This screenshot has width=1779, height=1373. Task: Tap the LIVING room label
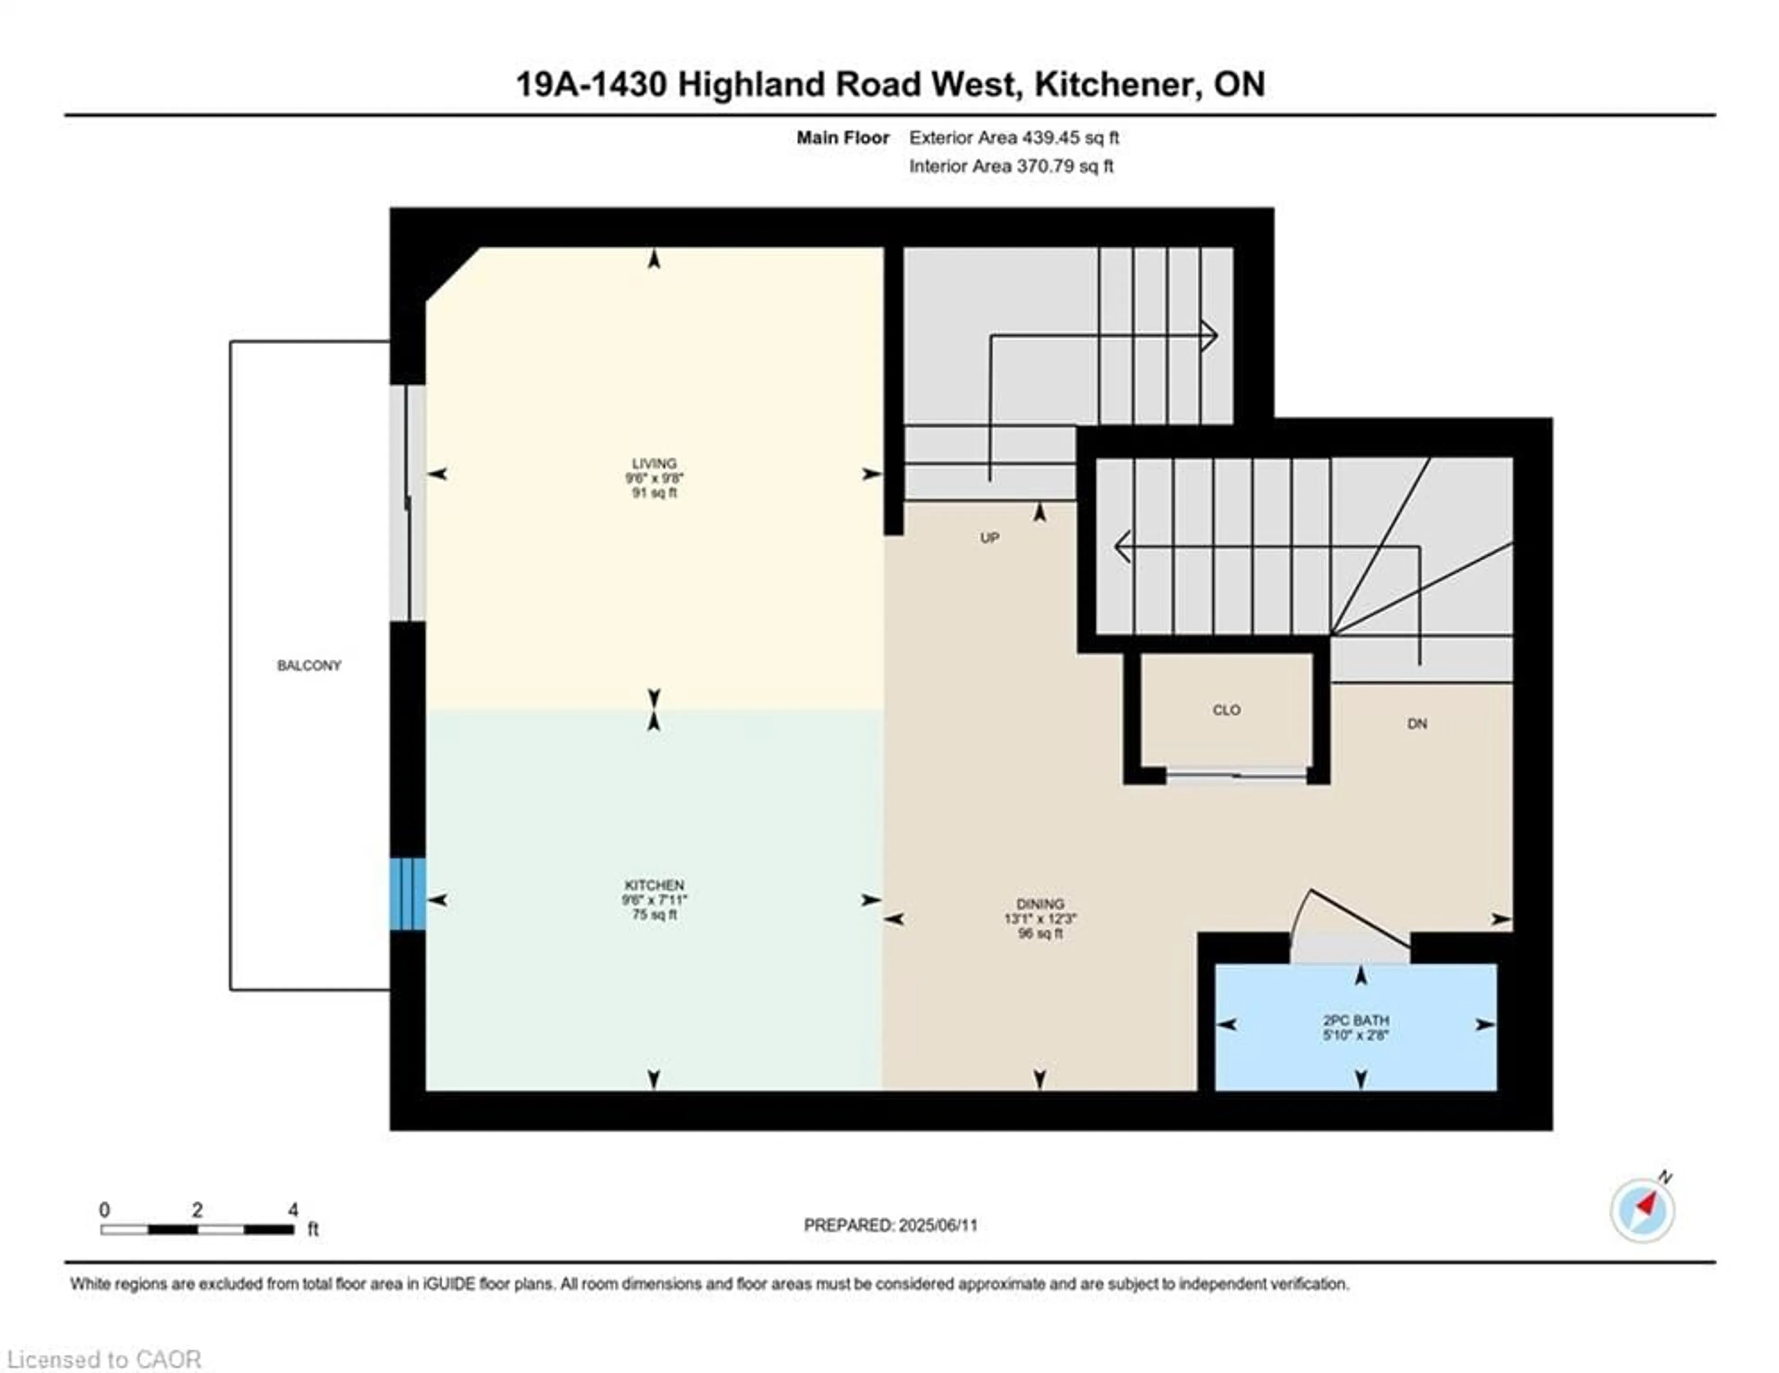pos(654,463)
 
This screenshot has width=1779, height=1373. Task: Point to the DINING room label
pos(1040,904)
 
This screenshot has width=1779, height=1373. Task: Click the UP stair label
pos(990,537)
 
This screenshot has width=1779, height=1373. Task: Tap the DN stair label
pos(1417,723)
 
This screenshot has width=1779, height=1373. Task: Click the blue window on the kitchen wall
pos(407,894)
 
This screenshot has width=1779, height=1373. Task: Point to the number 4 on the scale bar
pos(293,1210)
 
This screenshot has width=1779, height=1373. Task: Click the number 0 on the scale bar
pos(104,1210)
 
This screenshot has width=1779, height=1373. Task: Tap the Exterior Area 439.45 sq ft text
pos(1014,138)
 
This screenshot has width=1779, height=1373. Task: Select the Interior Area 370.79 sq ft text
pos(1011,166)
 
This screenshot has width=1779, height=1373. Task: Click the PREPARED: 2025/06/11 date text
pos(890,1225)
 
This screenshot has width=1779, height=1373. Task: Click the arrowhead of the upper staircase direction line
pos(1211,335)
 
